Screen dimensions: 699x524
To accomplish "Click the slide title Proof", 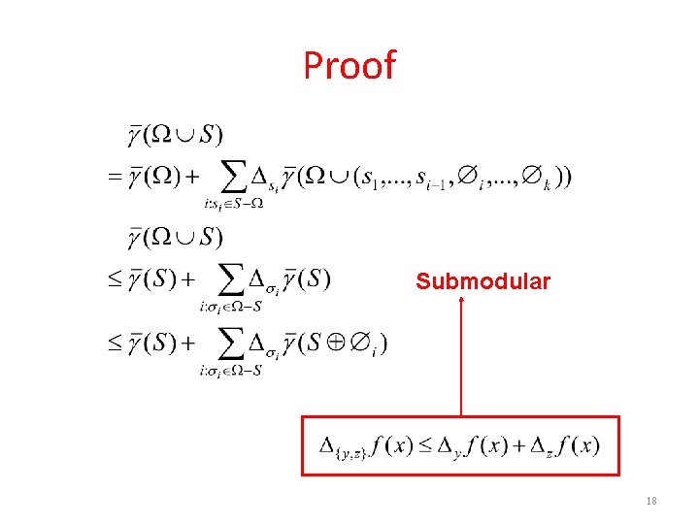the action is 349,66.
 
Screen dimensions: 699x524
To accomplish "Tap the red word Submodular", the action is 483,282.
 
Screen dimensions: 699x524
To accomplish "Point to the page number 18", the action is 650,501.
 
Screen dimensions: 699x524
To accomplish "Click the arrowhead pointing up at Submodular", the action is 461,302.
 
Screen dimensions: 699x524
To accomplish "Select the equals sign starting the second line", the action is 114,177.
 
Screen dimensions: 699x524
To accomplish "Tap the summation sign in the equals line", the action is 234,176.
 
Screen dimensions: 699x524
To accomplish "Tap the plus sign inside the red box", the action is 521,446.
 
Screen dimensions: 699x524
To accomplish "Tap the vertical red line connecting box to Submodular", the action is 461,359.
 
